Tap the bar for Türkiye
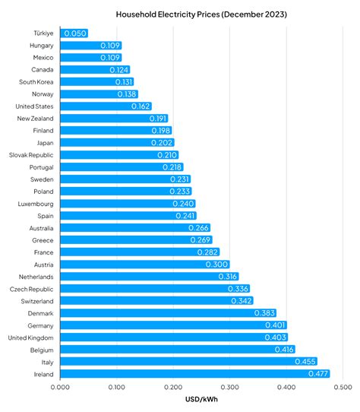pyautogui.click(x=74, y=33)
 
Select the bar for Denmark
pyautogui.click(x=168, y=313)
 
